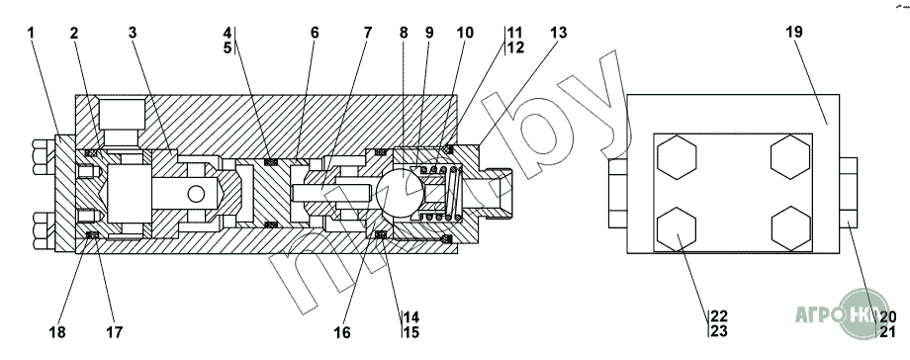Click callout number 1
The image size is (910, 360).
31,33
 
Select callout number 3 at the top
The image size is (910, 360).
133,33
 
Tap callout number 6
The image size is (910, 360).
314,33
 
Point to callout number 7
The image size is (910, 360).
368,33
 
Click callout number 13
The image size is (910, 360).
558,33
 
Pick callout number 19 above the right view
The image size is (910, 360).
794,32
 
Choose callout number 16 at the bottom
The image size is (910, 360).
342,332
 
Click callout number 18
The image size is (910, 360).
57,332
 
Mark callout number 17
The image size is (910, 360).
114,332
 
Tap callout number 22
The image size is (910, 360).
719,316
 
